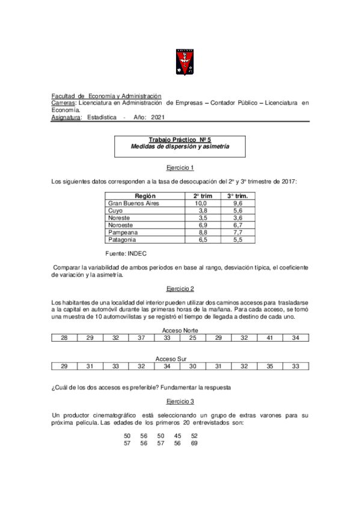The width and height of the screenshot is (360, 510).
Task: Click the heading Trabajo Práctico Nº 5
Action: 180,140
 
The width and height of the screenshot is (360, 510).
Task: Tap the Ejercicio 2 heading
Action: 180,288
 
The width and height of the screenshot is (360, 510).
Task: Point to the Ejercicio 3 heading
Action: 180,400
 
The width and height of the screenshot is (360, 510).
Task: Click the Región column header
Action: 145,196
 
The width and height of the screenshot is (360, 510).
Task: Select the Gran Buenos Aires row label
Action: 133,204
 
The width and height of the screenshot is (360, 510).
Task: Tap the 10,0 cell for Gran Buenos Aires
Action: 200,204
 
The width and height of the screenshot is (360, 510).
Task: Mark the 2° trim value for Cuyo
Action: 203,211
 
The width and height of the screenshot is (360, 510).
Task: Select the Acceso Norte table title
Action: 180,331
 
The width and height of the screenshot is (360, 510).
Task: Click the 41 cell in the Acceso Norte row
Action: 270,339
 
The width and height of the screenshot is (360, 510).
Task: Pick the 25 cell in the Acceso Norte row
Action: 193,339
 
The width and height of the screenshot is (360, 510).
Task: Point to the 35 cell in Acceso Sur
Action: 270,366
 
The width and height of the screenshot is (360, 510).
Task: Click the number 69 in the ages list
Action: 194,443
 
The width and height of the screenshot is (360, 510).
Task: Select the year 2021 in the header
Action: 158,118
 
